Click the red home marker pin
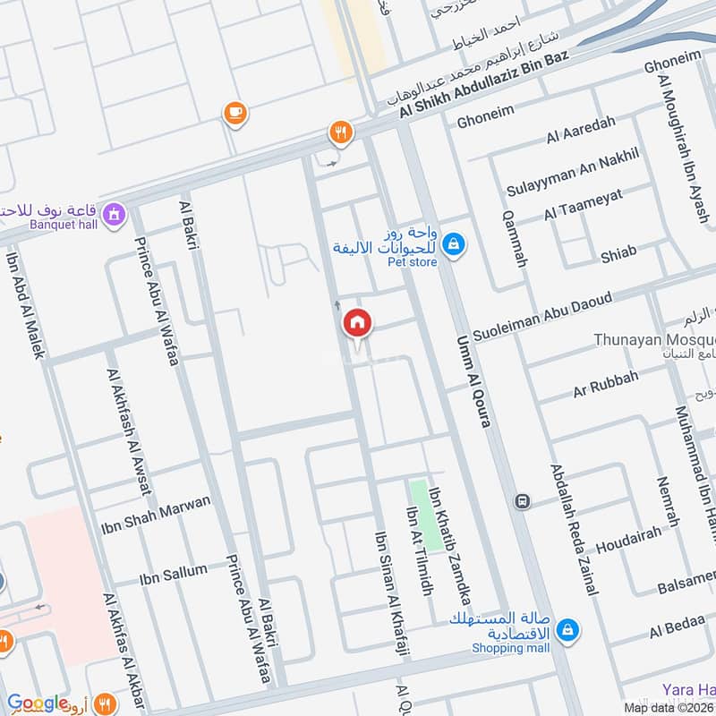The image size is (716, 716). (x=357, y=323)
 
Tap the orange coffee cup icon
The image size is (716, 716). (x=234, y=113)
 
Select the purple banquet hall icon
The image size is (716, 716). (x=114, y=215)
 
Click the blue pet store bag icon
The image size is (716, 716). (x=454, y=243)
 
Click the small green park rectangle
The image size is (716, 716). (x=419, y=514)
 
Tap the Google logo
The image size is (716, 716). (x=37, y=703)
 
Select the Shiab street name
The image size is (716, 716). (x=618, y=256)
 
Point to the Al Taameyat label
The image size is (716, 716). (x=583, y=206)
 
